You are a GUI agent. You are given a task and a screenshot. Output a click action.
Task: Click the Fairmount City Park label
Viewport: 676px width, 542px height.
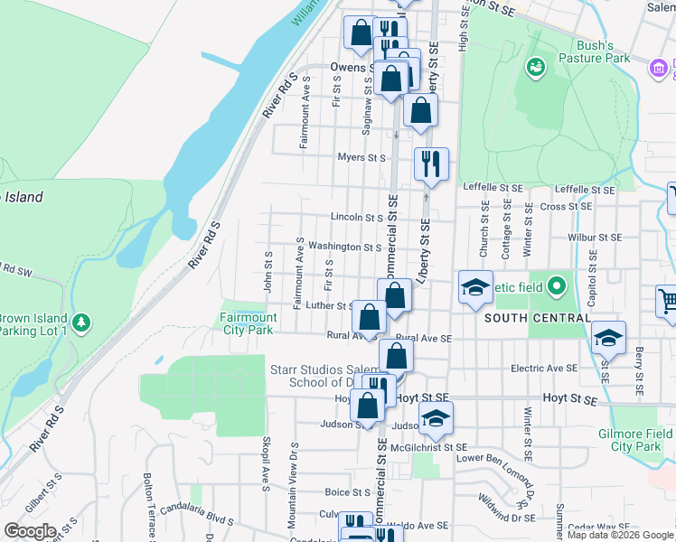(249, 323)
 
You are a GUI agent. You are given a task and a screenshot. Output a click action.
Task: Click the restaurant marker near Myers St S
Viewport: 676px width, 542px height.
(431, 164)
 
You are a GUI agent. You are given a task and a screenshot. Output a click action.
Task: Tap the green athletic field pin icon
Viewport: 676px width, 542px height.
(557, 288)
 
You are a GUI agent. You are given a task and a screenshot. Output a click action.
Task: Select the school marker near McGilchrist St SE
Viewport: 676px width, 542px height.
(436, 418)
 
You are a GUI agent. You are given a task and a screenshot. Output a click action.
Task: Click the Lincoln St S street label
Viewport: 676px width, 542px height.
(357, 218)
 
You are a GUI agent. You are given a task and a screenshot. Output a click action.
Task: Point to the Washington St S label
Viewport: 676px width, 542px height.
(344, 247)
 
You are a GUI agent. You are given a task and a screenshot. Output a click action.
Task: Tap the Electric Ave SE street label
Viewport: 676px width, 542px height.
(543, 369)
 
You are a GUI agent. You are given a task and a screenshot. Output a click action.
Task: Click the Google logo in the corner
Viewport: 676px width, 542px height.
(29, 531)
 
